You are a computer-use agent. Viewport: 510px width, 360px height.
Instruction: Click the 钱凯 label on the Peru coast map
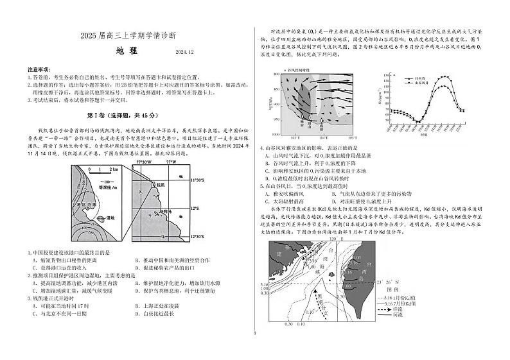pos(160,184)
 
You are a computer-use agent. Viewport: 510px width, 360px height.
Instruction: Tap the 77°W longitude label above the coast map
pos(171,162)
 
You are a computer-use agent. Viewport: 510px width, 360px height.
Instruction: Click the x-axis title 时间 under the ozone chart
pos(424,135)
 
